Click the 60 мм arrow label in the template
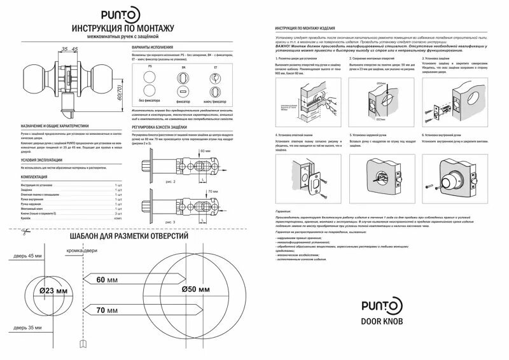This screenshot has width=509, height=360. (x=109, y=279)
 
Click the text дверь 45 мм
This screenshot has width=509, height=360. (x=26, y=256)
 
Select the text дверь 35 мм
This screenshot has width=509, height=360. (x=26, y=329)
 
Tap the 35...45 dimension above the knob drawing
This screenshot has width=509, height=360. (x=70, y=49)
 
